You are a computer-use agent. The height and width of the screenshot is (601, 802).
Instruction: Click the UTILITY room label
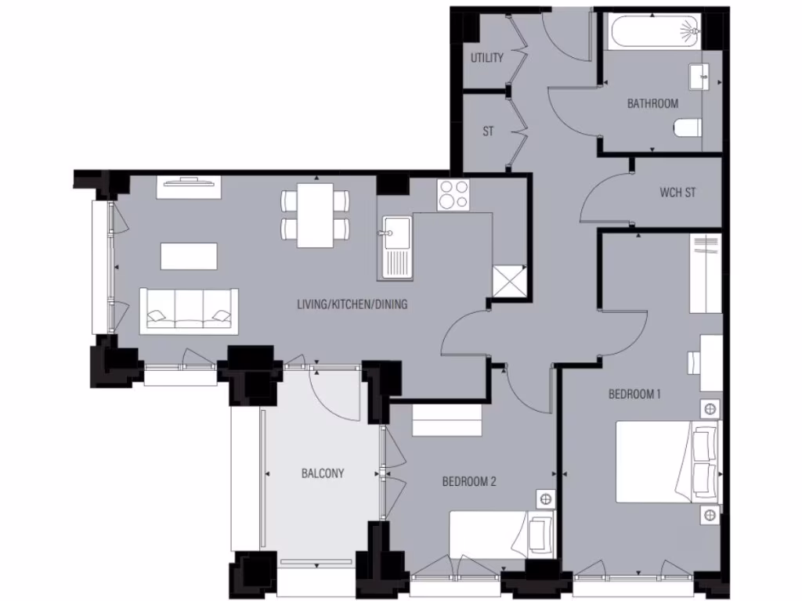point(486,58)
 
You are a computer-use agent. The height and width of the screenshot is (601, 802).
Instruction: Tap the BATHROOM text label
point(652,103)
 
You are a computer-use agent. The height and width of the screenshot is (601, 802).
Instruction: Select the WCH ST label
point(677,192)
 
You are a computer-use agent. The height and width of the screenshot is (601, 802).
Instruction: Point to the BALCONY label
point(323,473)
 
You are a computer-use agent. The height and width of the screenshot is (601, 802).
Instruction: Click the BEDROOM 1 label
point(634,394)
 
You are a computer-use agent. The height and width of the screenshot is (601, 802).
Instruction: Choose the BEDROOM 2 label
point(469,482)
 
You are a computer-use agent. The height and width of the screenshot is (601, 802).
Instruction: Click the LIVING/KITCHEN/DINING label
point(352,304)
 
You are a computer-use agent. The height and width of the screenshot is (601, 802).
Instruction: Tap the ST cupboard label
point(488,131)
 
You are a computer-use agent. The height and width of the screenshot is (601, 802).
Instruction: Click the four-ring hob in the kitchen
point(453,195)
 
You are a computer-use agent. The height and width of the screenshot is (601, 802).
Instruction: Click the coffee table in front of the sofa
point(189,256)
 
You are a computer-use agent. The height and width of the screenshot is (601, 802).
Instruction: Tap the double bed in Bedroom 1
point(667,462)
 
